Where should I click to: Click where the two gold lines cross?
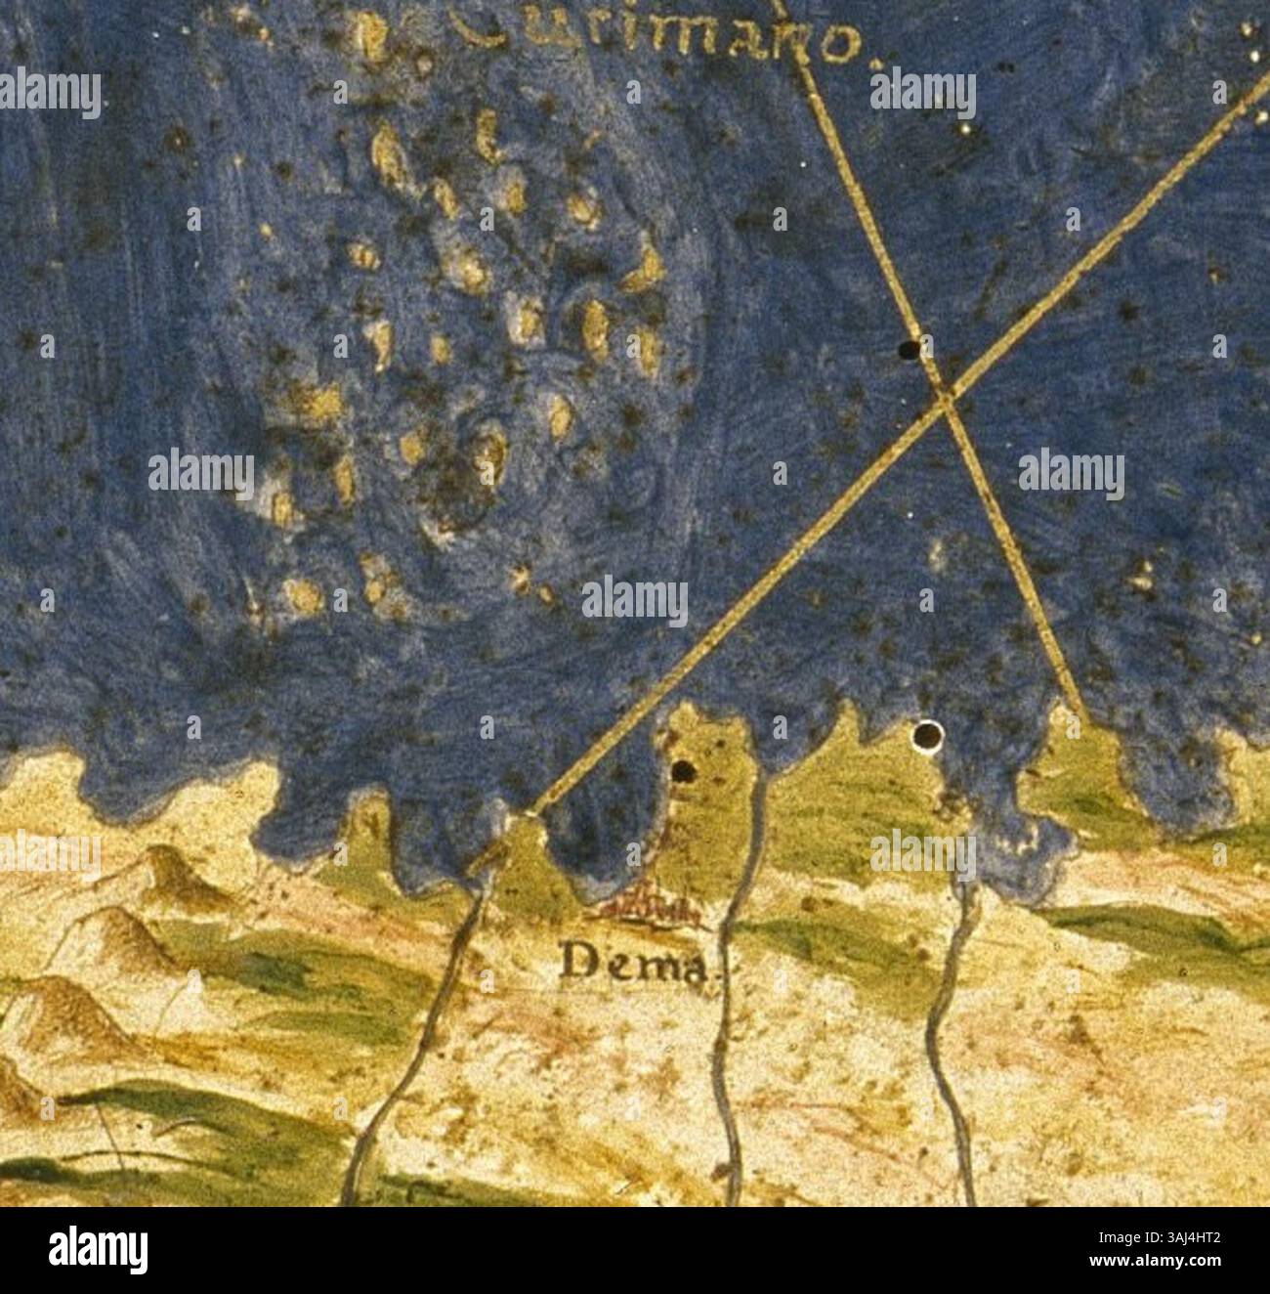click(943, 395)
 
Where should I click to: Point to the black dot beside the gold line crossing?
click(909, 349)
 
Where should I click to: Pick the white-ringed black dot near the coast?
click(924, 735)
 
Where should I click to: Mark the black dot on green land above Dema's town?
click(682, 772)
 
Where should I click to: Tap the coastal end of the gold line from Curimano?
click(1079, 720)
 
